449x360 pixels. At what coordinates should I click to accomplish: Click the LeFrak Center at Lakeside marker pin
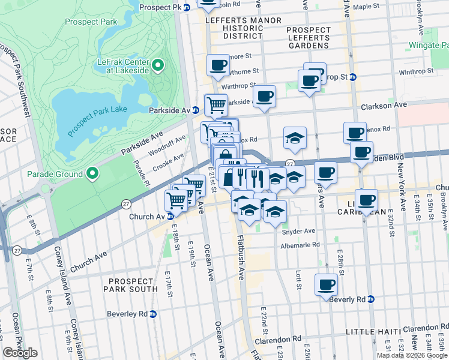[158, 65]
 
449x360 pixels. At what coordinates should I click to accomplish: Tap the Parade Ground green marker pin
[92, 174]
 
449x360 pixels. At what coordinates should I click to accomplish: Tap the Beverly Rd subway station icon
[371, 299]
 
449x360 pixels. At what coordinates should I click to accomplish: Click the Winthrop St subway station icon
[353, 77]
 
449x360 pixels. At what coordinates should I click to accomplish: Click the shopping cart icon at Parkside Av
[216, 105]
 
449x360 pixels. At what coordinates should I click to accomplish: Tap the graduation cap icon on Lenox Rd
[295, 137]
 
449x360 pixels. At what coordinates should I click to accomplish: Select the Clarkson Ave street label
[384, 105]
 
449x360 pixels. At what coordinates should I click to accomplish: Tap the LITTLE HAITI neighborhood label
[373, 332]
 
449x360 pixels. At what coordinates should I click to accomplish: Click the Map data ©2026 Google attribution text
[411, 355]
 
